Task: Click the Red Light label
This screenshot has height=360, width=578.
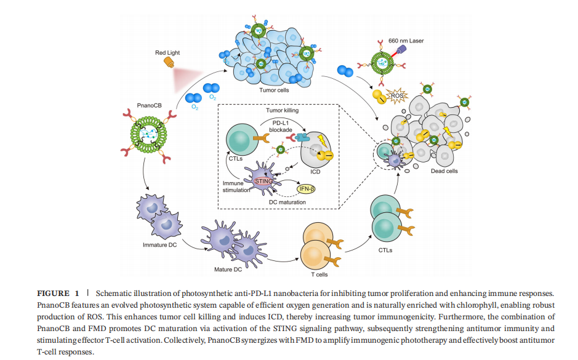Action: pyautogui.click(x=167, y=53)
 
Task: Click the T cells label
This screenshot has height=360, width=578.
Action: pyautogui.click(x=319, y=274)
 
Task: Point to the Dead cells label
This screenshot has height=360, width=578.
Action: pyautogui.click(x=444, y=171)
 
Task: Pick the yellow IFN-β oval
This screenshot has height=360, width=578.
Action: pyautogui.click(x=310, y=188)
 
